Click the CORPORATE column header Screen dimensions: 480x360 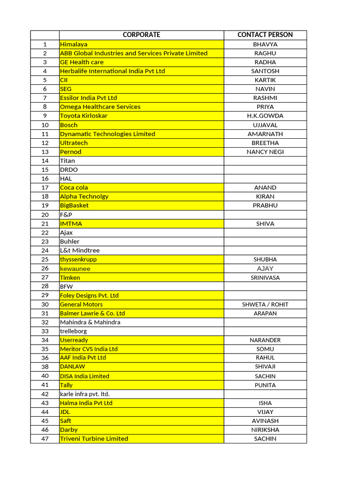click(x=141, y=35)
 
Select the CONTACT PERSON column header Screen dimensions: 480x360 click(x=265, y=35)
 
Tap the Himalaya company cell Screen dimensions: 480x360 click(x=74, y=44)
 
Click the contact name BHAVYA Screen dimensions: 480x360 click(x=265, y=44)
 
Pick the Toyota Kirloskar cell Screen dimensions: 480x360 click(x=83, y=116)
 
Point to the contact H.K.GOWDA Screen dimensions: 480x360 click(x=265, y=116)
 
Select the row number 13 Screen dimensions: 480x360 click(x=45, y=152)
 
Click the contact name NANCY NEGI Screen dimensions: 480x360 click(x=265, y=152)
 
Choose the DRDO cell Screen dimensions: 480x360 click(x=69, y=170)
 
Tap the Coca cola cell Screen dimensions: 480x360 click(x=74, y=187)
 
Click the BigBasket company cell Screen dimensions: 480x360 click(x=74, y=205)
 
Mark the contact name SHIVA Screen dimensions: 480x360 click(x=265, y=224)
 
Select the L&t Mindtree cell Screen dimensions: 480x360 click(x=80, y=250)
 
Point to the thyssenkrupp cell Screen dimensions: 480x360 click(x=78, y=259)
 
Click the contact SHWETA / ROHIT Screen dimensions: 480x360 click(x=265, y=304)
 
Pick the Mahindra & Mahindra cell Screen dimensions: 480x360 click(x=90, y=322)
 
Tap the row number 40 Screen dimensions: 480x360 click(x=45, y=376)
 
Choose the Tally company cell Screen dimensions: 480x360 click(x=67, y=385)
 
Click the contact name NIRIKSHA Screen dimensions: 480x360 click(x=265, y=429)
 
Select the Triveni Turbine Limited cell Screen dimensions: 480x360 click(x=94, y=439)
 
